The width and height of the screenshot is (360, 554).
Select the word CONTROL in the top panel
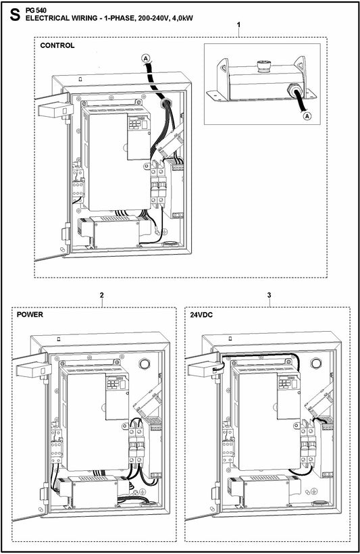coord(57,46)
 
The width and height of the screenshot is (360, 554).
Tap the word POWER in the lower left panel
coord(30,315)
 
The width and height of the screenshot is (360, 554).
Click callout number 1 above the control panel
coord(239,25)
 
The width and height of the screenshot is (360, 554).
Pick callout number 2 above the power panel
coord(101,295)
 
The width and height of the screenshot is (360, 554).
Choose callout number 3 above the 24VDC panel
coord(269,295)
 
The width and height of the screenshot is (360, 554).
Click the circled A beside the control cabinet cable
coord(145,59)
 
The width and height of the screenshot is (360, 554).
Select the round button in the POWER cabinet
coord(143,363)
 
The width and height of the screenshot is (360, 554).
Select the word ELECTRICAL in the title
coord(48,18)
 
